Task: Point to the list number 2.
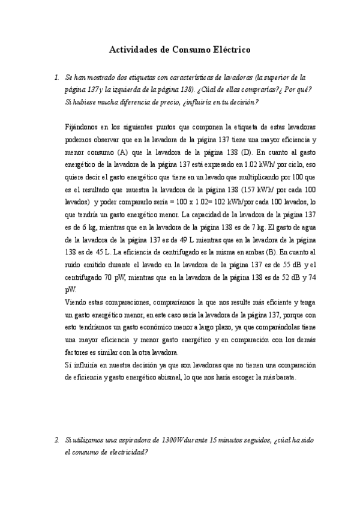point(56,441)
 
